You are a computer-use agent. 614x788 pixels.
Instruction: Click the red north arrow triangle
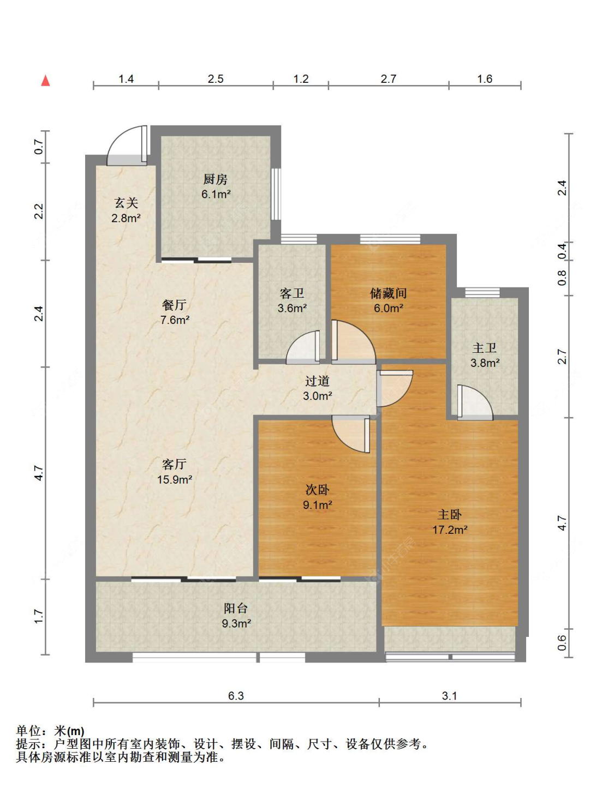[45, 81]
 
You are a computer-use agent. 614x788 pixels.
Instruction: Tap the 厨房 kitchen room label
[215, 179]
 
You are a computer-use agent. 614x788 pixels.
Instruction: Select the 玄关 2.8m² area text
[126, 218]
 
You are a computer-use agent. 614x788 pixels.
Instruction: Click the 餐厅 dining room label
[174, 305]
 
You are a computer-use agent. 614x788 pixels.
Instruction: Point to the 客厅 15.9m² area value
[174, 480]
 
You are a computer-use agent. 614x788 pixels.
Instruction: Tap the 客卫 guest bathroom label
[292, 293]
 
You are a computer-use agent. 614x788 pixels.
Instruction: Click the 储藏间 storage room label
[388, 293]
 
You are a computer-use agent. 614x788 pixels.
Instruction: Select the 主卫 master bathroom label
[485, 348]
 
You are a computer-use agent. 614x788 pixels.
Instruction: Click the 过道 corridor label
[317, 381]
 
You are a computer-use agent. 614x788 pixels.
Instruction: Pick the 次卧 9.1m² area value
[318, 505]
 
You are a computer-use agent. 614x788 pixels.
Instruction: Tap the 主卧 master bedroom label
[450, 515]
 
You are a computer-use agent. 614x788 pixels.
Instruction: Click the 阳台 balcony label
[236, 608]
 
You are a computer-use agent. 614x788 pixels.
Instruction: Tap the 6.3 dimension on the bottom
[236, 696]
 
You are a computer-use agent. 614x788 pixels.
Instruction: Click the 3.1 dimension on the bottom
[449, 696]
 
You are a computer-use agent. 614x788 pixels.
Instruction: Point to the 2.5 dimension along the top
[216, 79]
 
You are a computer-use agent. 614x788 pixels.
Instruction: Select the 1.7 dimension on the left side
[39, 616]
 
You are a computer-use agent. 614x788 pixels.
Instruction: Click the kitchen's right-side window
[276, 194]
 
